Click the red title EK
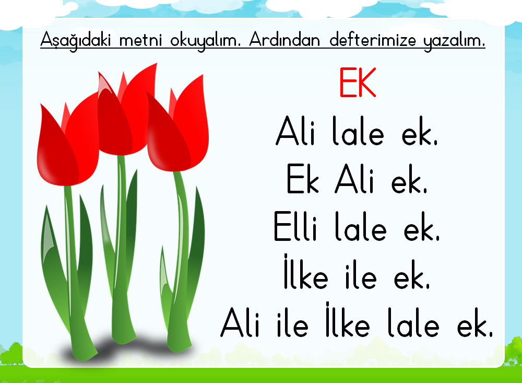pyautogui.click(x=358, y=83)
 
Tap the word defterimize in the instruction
pyautogui.click(x=373, y=40)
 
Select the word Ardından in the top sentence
pyautogui.click(x=284, y=40)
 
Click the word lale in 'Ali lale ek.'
pyautogui.click(x=358, y=131)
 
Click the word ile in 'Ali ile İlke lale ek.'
pyautogui.click(x=292, y=322)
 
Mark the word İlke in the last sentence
pyautogui.click(x=348, y=319)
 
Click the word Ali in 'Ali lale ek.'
pyautogui.click(x=295, y=131)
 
